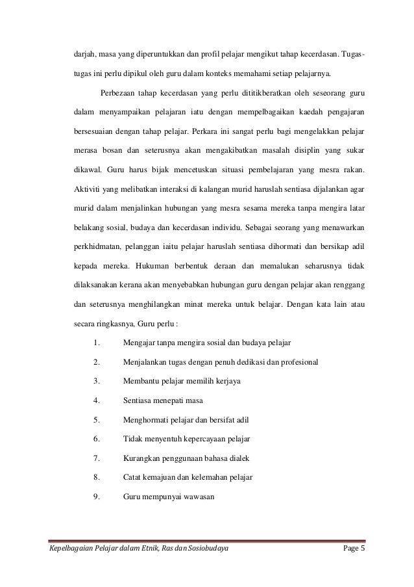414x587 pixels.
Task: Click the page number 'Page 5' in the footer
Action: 354,552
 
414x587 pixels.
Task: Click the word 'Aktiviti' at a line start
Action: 80,189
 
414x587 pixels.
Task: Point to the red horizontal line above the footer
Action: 207,541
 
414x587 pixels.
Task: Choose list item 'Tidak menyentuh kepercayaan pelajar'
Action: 186,439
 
